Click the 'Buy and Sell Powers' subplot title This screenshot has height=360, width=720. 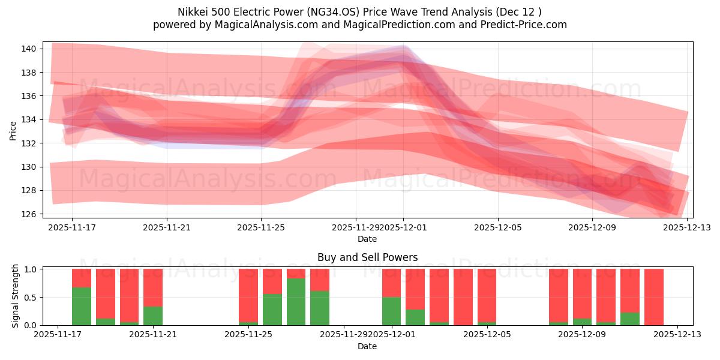click(367, 257)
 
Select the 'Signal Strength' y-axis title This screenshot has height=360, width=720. click(16, 295)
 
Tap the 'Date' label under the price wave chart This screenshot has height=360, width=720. click(367, 239)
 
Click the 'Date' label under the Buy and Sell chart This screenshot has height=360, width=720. click(367, 346)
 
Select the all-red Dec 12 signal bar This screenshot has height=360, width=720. click(654, 297)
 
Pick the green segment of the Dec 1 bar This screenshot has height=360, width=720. click(391, 311)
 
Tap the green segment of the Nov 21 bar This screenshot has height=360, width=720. click(153, 316)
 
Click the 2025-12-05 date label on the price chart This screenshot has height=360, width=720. click(497, 228)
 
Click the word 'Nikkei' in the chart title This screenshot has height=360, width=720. click(191, 12)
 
